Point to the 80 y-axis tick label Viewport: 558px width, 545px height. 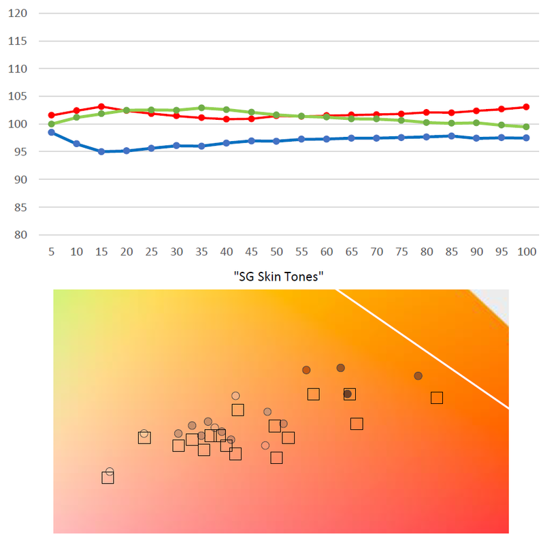click(x=19, y=235)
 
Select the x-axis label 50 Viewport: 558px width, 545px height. click(x=276, y=251)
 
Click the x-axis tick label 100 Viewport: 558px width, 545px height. click(x=527, y=251)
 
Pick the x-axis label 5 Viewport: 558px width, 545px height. click(x=51, y=251)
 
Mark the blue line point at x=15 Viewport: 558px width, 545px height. click(x=101, y=152)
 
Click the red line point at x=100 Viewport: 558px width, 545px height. click(x=527, y=107)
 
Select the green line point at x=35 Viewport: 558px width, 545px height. click(x=201, y=108)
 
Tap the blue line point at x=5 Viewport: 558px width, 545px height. click(x=51, y=132)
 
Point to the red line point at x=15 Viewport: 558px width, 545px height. click(x=101, y=106)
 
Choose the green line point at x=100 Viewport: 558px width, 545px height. click(x=527, y=127)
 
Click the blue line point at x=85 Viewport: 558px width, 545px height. click(x=451, y=136)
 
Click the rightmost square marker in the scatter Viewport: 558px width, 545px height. click(x=437, y=398)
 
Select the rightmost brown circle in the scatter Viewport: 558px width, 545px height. click(x=419, y=376)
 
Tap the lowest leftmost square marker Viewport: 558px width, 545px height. click(x=108, y=478)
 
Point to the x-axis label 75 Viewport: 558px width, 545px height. click(x=401, y=251)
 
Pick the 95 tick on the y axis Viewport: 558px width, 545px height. click(x=19, y=152)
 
